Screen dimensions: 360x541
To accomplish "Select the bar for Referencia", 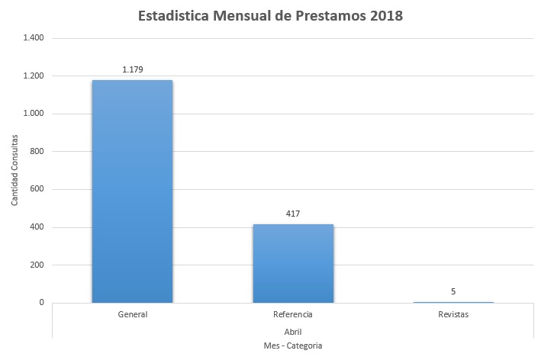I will (293, 263).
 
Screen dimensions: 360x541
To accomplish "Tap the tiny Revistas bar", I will (453, 302).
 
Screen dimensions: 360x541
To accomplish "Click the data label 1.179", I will (133, 69).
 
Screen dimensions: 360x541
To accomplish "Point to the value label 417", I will (293, 214).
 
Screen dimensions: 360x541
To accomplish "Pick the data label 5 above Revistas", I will (453, 291).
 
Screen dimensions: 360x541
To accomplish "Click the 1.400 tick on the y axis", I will (34, 38).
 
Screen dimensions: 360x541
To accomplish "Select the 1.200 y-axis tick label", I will (34, 76).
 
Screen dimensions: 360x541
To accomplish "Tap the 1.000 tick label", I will (34, 114).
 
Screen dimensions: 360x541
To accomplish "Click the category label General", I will (133, 314).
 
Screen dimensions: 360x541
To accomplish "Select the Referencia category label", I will (293, 314).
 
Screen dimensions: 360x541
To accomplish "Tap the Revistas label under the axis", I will (453, 314).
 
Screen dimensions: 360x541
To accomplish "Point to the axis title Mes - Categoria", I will (293, 346).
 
